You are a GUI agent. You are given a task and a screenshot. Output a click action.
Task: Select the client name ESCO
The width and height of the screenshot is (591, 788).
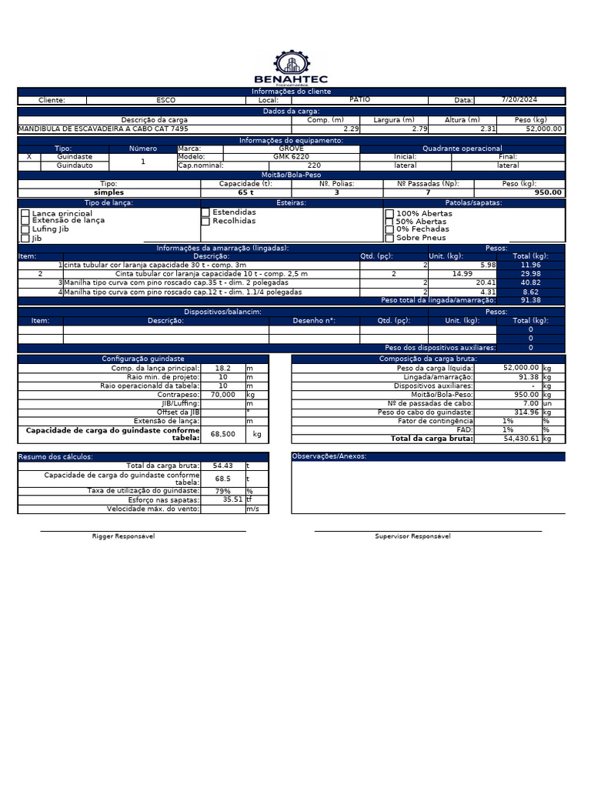tap(165, 100)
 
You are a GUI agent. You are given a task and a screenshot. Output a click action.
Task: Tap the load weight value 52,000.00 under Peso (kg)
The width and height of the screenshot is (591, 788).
tap(543, 129)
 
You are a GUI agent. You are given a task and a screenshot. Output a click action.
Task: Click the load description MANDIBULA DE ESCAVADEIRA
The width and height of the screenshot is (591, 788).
tap(103, 129)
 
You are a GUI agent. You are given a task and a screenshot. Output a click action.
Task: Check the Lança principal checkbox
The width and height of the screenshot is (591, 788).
tap(25, 213)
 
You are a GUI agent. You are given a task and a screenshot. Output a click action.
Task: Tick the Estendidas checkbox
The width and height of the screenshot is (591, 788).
tap(205, 212)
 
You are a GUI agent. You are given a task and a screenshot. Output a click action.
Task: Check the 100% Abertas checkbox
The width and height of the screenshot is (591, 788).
tap(389, 213)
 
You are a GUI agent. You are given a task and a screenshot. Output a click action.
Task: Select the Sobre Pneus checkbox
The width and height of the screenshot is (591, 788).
tap(389, 238)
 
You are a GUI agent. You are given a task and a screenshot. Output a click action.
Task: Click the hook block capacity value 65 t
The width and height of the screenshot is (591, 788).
tap(246, 192)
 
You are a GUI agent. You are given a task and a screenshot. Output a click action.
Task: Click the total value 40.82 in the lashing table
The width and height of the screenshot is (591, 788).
tap(530, 282)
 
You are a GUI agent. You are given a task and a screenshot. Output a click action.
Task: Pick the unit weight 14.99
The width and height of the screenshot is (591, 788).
tap(462, 274)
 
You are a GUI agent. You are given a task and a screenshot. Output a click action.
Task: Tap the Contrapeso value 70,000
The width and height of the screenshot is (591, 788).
tap(222, 394)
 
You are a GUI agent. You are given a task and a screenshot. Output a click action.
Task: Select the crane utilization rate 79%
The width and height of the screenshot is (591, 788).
tap(222, 491)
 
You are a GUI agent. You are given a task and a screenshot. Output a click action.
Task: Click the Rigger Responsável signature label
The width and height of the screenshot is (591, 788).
tap(123, 536)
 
